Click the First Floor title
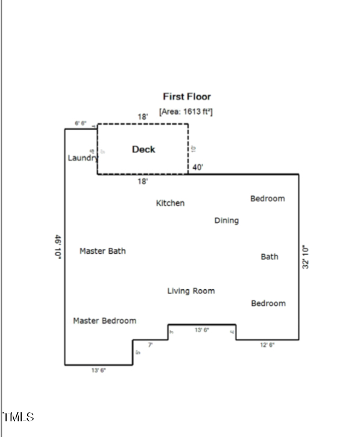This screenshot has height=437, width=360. click(x=186, y=96)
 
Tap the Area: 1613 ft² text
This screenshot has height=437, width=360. click(x=186, y=112)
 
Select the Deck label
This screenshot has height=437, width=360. click(x=144, y=149)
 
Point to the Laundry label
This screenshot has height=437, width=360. click(x=82, y=158)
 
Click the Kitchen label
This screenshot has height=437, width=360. click(x=170, y=203)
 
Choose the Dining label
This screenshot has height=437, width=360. click(x=226, y=221)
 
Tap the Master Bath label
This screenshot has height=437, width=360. click(x=103, y=251)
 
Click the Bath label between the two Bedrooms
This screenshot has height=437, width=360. click(x=269, y=257)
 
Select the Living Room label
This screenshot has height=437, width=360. click(x=191, y=291)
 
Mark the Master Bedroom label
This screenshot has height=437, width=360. click(x=104, y=321)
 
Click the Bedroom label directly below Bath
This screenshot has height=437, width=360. click(x=268, y=303)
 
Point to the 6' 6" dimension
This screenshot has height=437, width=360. click(x=80, y=124)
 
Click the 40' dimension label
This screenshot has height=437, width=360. click(x=198, y=168)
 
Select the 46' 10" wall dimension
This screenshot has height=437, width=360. click(x=58, y=247)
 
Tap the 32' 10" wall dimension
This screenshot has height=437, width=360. click(x=306, y=257)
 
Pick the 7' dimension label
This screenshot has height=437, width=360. click(x=150, y=345)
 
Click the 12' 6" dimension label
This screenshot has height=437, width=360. click(x=267, y=345)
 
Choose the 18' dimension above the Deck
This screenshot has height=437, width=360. click(x=143, y=116)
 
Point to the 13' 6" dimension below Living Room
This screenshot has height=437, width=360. click(x=202, y=330)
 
